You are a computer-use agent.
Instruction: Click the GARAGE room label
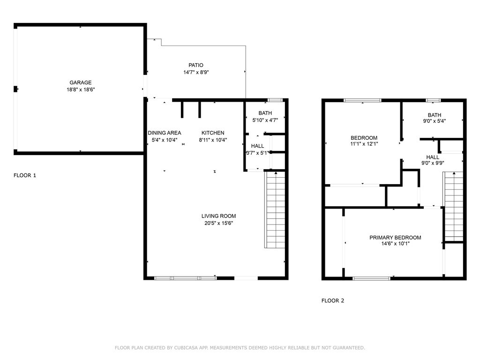(81, 82)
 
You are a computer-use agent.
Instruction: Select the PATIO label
(196, 65)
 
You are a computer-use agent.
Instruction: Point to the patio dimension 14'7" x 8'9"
(196, 72)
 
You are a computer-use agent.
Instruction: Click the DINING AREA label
(165, 133)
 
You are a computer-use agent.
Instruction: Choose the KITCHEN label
(213, 133)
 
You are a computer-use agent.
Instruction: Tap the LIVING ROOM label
(218, 216)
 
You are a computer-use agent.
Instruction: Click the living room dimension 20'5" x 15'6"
(218, 223)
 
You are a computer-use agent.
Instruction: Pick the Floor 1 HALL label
(257, 146)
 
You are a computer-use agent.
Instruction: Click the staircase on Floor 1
(275, 210)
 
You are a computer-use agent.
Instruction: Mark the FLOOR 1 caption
(25, 175)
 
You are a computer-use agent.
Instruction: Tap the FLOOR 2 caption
(333, 300)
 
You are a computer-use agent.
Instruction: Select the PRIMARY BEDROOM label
(395, 238)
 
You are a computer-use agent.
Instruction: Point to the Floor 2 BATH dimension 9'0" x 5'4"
(435, 121)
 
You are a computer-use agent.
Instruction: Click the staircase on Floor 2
(453, 207)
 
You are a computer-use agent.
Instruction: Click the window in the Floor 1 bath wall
(275, 100)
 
